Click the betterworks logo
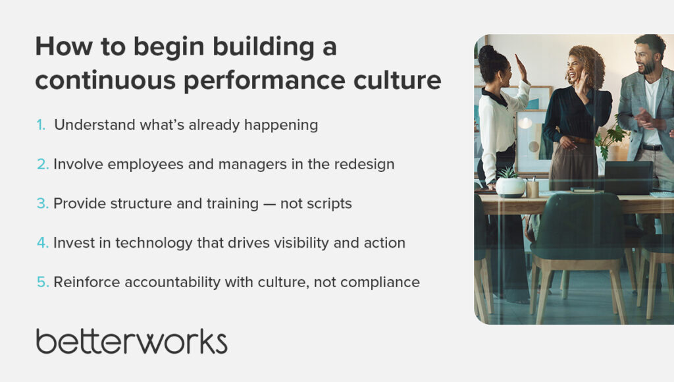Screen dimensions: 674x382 (132, 342)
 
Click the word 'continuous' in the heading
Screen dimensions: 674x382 (105, 80)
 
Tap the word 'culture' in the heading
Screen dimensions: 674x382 (397, 80)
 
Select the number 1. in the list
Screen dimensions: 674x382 (41, 124)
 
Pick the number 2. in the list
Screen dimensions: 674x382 (43, 165)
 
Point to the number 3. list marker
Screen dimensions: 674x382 (43, 204)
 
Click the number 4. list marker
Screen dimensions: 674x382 (43, 242)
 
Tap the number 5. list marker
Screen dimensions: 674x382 (43, 282)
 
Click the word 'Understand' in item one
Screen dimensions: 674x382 (95, 124)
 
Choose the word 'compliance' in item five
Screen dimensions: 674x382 (380, 283)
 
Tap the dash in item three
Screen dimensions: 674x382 (269, 204)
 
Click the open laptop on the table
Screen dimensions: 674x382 (629, 178)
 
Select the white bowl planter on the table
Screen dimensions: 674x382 (511, 188)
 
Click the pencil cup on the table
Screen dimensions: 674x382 (532, 188)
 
